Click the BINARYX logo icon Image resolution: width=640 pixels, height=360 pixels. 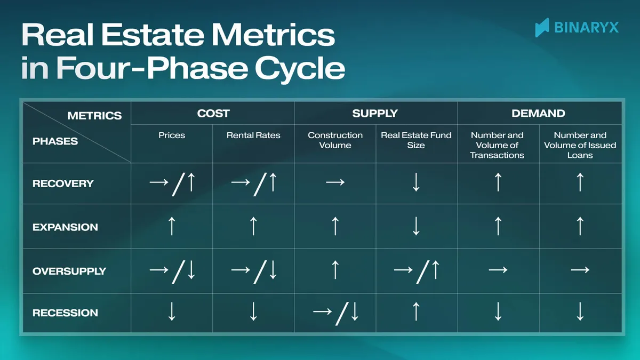542,27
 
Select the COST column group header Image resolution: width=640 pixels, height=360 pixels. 213,113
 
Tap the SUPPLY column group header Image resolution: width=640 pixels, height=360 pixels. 375,113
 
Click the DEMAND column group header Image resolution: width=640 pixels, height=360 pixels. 538,113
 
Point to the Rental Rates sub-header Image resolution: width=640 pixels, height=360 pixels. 253,135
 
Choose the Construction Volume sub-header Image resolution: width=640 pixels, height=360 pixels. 335,140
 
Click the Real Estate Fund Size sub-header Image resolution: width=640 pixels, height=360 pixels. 416,140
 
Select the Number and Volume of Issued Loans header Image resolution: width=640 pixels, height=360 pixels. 580,145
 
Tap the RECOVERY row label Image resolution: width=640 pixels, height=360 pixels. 63,183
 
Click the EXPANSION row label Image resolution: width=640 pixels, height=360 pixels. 65,227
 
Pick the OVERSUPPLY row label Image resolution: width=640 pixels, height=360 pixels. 69,271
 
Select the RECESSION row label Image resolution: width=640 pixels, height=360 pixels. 65,313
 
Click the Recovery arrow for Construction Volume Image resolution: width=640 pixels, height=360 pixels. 335,183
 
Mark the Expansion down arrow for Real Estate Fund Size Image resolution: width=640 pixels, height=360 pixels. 416,227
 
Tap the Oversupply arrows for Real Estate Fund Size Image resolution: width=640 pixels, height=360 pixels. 416,270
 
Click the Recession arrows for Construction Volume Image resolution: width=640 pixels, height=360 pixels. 335,313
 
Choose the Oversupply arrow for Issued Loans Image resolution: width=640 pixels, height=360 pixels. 580,270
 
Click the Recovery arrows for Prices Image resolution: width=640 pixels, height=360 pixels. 172,183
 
